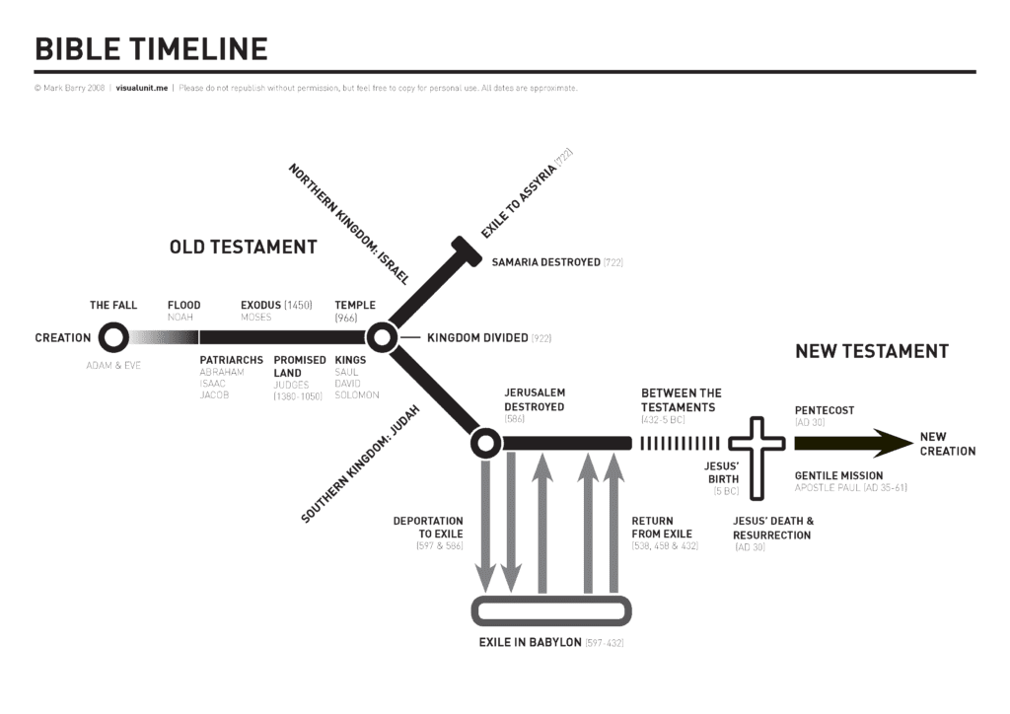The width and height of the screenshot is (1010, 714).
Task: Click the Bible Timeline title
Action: click(151, 48)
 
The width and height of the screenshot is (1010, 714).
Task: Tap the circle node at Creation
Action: click(113, 338)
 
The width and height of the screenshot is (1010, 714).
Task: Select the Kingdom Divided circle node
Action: click(381, 338)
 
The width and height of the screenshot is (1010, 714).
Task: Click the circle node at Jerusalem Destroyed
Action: click(484, 443)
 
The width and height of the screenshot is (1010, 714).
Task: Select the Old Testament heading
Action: click(243, 248)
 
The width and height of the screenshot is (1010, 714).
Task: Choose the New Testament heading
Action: click(871, 351)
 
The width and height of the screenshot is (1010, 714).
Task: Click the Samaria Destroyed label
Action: click(546, 262)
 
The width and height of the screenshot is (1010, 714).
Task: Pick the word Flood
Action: click(183, 306)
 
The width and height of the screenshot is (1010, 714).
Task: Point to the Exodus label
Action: click(261, 306)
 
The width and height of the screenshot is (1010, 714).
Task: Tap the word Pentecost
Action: click(825, 410)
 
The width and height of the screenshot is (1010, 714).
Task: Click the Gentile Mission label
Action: click(838, 475)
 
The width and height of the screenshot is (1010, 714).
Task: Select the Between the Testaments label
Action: click(682, 399)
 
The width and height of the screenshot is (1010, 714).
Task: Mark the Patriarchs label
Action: click(231, 360)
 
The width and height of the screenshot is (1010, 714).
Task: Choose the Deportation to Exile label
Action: click(428, 527)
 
